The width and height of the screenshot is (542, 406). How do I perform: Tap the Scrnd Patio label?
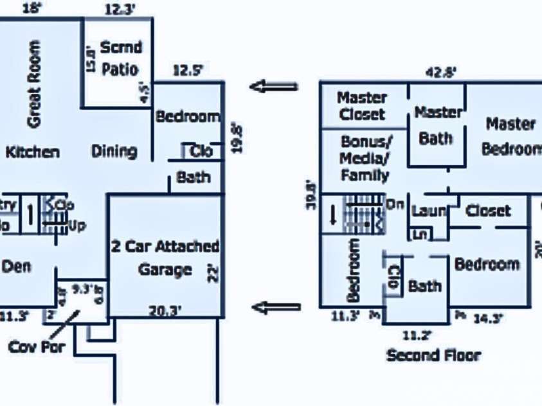tap(120, 58)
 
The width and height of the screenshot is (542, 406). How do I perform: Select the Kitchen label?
tap(33, 152)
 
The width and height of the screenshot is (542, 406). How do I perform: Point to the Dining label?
tap(114, 152)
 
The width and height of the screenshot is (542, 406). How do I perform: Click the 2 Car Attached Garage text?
tap(165, 258)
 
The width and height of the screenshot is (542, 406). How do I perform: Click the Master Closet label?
tap(362, 107)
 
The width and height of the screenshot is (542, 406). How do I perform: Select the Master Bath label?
tap(437, 125)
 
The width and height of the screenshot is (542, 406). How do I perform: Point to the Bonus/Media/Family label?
tap(365, 158)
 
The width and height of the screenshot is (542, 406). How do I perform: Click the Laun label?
tap(428, 211)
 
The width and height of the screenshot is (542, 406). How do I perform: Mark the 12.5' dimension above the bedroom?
tap(186, 71)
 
